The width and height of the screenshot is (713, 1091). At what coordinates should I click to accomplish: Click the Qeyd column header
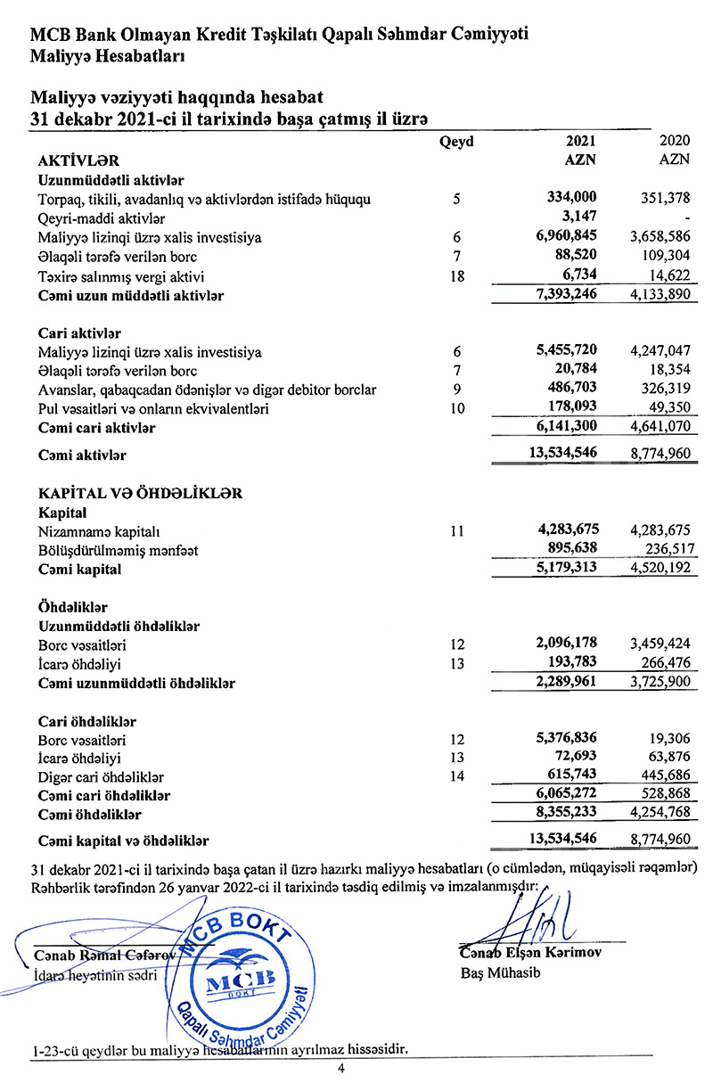456,142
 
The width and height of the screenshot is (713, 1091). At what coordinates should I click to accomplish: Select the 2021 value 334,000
571,198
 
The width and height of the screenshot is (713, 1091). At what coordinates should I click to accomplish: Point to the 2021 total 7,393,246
565,294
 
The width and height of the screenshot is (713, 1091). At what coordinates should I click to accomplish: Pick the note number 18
457,276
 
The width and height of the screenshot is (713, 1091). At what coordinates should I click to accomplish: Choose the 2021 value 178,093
571,408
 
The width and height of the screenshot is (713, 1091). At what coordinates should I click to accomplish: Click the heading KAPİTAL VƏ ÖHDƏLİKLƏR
141,493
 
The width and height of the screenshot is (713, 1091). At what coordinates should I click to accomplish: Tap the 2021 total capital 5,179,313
565,569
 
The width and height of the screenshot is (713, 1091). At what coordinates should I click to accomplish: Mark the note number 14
457,776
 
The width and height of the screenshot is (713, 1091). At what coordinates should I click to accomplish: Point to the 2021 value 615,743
571,776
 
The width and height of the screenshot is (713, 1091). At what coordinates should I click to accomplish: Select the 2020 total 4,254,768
660,813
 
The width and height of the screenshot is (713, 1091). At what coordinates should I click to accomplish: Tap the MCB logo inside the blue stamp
239,982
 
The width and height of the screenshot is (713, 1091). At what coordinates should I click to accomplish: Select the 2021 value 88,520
577,257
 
